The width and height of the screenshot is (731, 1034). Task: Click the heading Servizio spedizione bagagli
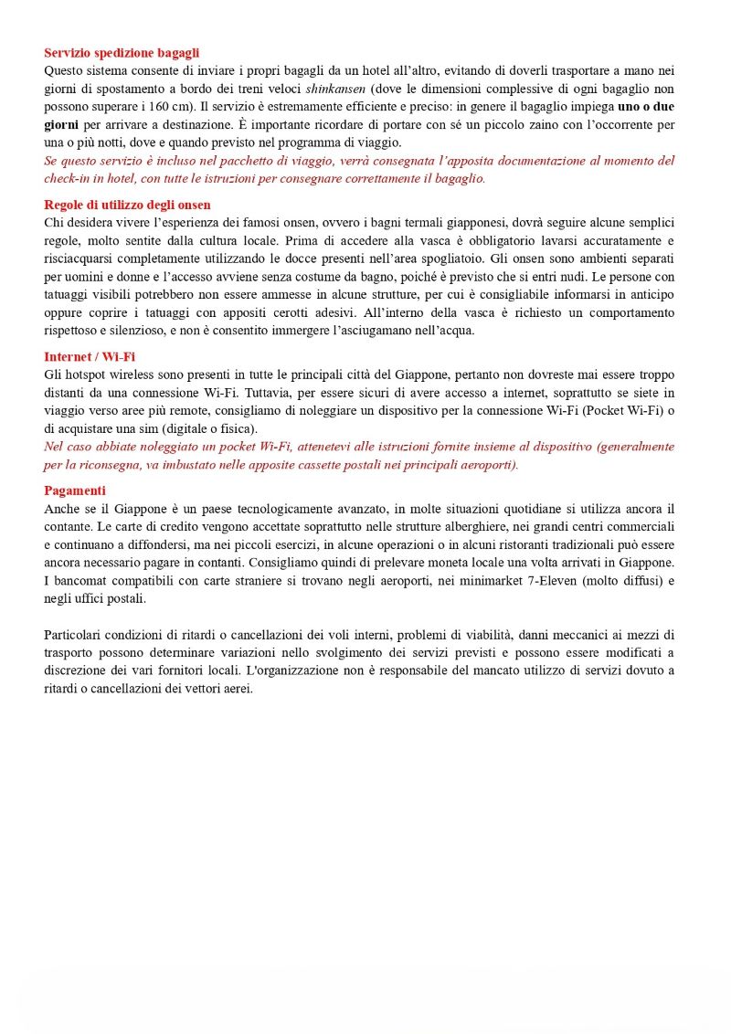click(x=122, y=53)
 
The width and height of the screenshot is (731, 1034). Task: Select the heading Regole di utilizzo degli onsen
click(x=127, y=205)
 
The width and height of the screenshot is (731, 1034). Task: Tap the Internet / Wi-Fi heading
click(x=90, y=357)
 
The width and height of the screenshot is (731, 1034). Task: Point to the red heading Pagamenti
click(x=75, y=491)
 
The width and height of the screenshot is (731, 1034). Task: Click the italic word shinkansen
click(x=335, y=89)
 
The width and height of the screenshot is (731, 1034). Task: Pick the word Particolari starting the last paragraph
click(x=74, y=634)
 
